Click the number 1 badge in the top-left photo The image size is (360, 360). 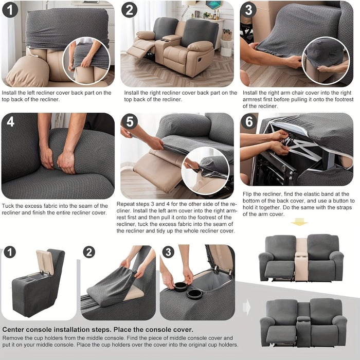click(10, 10)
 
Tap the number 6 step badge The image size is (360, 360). click(249, 122)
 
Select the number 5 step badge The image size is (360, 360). click(130, 122)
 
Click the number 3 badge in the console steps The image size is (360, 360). click(168, 252)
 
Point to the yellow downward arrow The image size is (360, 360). click(299, 222)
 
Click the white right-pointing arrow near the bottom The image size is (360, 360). click(246, 307)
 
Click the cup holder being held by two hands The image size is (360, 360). click(181, 287)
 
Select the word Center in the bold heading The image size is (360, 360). click(13, 330)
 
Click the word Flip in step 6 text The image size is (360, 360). click(247, 194)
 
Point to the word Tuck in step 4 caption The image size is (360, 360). click(8, 206)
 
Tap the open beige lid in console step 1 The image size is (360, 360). click(45, 262)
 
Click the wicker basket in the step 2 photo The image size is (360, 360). click(227, 35)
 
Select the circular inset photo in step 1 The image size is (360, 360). click(86, 60)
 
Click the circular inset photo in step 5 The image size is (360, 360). click(205, 171)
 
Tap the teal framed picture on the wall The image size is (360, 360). click(213, 5)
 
